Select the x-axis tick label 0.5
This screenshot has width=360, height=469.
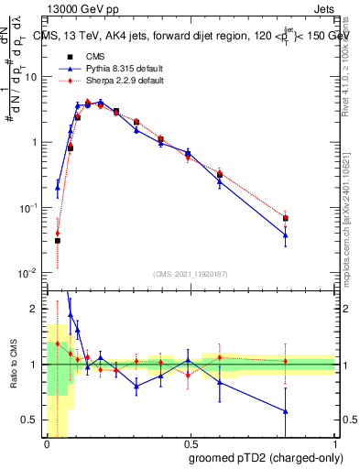pyautogui.click(x=191, y=443)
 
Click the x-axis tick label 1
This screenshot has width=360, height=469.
pyautogui.click(x=334, y=443)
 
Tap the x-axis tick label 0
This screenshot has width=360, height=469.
pyautogui.click(x=47, y=443)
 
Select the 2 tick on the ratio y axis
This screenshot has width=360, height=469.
pyautogui.click(x=38, y=309)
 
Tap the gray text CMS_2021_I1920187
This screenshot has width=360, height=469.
pyautogui.click(x=191, y=273)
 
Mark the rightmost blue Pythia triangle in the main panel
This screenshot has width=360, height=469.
pyautogui.click(x=286, y=235)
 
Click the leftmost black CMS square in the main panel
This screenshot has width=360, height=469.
pyautogui.click(x=57, y=241)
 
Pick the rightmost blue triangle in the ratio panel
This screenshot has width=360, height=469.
pyautogui.click(x=286, y=411)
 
